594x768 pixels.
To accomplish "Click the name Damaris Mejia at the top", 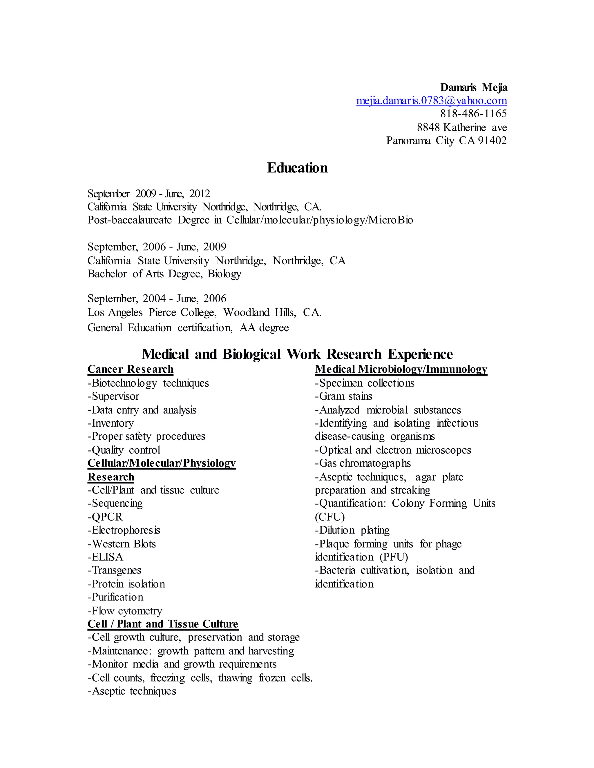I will (473, 87).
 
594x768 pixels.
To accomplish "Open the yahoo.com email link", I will (431, 101).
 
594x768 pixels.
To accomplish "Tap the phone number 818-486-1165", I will (473, 114).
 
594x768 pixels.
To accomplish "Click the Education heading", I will (297, 168).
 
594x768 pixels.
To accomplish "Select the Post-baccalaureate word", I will (129, 220).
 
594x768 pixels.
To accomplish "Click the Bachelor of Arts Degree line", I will (164, 274).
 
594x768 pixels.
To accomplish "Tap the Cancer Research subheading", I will (131, 369).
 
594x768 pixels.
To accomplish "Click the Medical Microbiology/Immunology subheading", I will (401, 369).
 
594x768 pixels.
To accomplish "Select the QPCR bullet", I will (106, 517).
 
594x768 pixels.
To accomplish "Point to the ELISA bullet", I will (106, 557).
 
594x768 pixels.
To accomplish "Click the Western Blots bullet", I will (122, 544).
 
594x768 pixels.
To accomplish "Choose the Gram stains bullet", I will (343, 396).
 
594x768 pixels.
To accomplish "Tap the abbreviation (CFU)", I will (330, 517).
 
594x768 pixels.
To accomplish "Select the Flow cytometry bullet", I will (125, 611).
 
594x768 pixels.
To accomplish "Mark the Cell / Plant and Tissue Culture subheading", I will (163, 624).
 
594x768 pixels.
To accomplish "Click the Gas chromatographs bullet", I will (363, 463).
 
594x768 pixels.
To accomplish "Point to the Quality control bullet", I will (124, 450).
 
